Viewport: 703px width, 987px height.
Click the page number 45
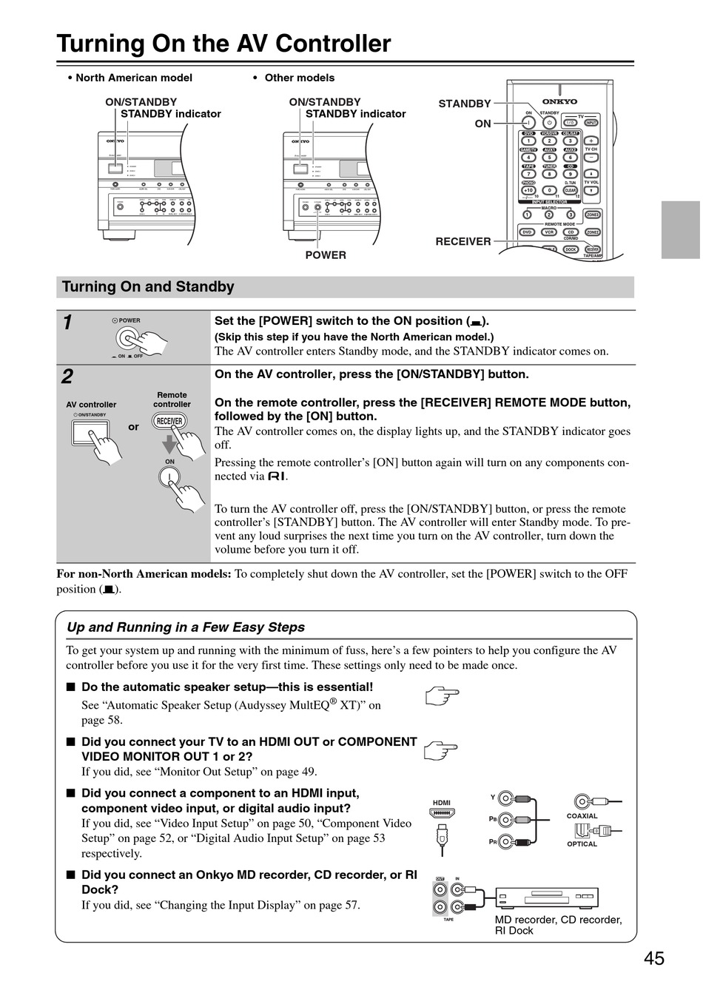pyautogui.click(x=653, y=959)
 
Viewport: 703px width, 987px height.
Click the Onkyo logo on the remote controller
pyautogui.click(x=559, y=101)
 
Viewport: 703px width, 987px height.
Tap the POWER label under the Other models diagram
pyautogui.click(x=326, y=255)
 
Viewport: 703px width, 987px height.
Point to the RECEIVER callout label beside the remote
pyautogui.click(x=463, y=241)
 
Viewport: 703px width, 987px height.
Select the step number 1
pyautogui.click(x=67, y=323)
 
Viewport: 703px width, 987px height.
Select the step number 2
pyautogui.click(x=67, y=377)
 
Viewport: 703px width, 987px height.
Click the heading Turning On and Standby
pyautogui.click(x=148, y=287)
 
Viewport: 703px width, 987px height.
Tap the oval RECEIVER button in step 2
pyautogui.click(x=169, y=422)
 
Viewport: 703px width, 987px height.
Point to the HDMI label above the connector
pyautogui.click(x=441, y=803)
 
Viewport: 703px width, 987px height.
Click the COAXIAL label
pyautogui.click(x=582, y=816)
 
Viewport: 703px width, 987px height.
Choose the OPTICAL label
pyautogui.click(x=582, y=844)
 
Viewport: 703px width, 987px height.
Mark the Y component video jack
pyautogui.click(x=505, y=798)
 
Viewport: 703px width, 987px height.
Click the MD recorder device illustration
pyautogui.click(x=546, y=898)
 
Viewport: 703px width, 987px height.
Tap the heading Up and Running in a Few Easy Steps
pyautogui.click(x=186, y=627)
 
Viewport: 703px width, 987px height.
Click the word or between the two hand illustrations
pyautogui.click(x=133, y=427)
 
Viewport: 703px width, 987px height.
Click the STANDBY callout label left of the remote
pyautogui.click(x=465, y=104)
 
